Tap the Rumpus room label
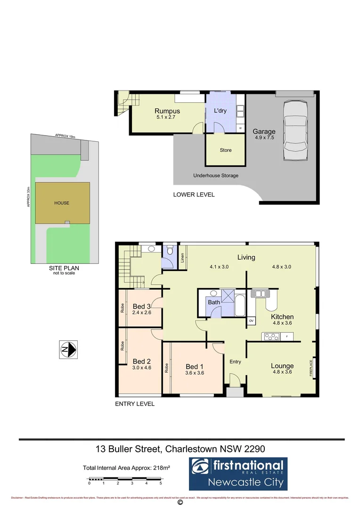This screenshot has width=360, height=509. point(167,112)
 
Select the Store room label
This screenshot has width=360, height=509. point(226,150)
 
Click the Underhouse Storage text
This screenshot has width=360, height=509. point(216,176)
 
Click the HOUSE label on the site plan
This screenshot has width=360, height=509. point(61,203)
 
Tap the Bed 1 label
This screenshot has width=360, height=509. point(195,367)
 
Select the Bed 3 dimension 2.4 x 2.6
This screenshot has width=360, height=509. point(141,312)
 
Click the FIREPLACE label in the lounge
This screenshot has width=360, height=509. point(311,368)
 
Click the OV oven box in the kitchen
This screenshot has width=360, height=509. point(251,321)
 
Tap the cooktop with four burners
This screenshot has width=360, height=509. point(271,337)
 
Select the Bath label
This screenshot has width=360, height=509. point(214,302)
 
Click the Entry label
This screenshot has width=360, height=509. point(235,362)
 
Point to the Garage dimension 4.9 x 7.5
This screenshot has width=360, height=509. point(264,139)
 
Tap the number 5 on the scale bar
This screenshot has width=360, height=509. point(161,484)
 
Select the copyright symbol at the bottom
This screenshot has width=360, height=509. point(180,503)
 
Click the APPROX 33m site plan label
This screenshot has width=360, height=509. point(28,197)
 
